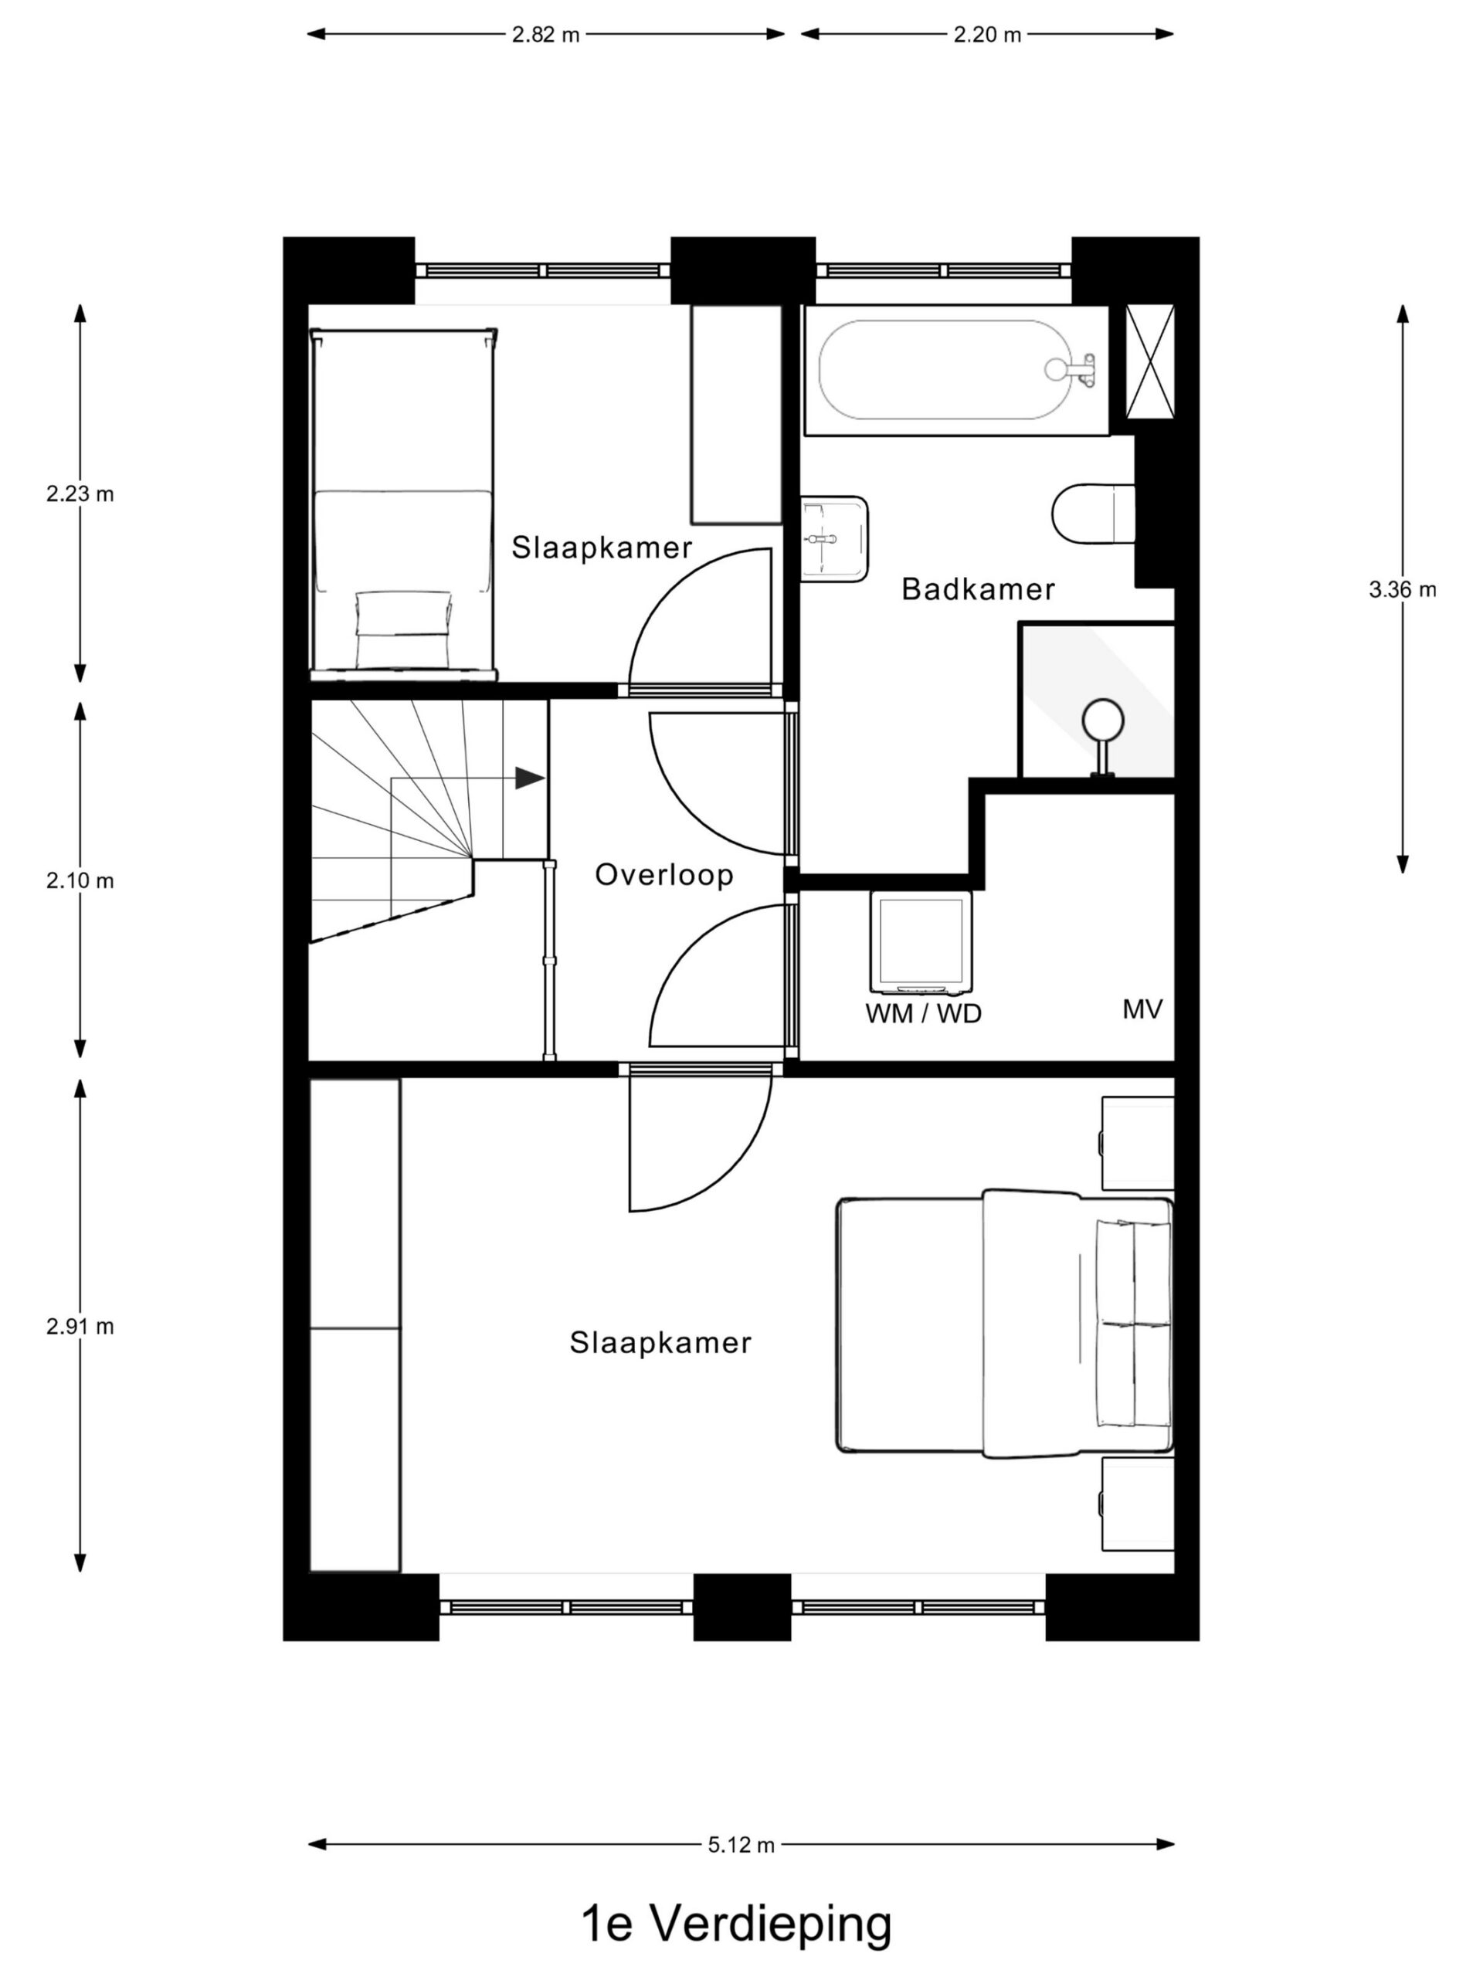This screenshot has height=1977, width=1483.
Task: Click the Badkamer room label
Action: tap(977, 589)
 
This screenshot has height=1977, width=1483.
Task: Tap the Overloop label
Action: tap(664, 874)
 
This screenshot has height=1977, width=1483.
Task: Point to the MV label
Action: tap(1142, 1010)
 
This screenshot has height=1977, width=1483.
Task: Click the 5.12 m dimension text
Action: tap(741, 1844)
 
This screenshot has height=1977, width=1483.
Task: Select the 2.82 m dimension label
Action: tap(545, 35)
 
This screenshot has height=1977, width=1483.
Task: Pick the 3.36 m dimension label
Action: tap(1402, 589)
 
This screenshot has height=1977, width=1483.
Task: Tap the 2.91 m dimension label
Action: tap(80, 1326)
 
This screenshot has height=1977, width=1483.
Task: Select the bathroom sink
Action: tap(833, 539)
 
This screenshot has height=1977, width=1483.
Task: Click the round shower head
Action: tap(1103, 717)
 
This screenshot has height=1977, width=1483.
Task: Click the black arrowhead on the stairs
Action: tap(530, 778)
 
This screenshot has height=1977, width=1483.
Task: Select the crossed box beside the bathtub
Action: tap(1149, 361)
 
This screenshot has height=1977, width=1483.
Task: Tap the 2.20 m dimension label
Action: tap(987, 35)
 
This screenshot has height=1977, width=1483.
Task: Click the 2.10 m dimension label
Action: tap(80, 880)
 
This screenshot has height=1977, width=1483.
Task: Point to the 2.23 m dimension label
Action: tap(80, 493)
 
